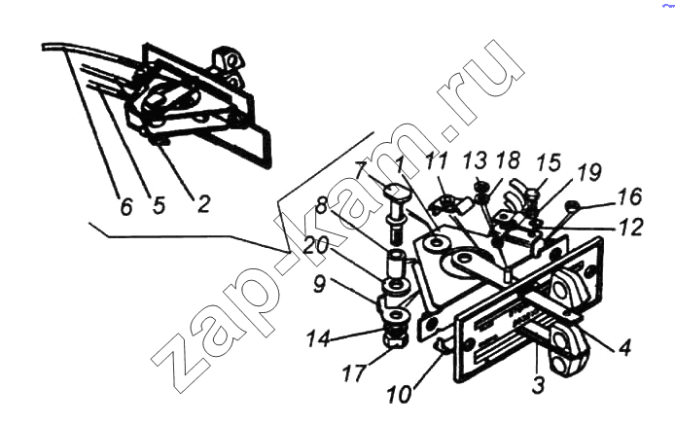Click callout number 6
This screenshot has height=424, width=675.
125,207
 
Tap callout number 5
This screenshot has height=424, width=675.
159,205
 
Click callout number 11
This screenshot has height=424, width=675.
437,161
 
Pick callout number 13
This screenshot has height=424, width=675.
475,161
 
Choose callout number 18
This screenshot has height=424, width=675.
508,159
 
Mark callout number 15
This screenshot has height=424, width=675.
549,163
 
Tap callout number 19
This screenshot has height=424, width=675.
588,172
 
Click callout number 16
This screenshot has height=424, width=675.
630,196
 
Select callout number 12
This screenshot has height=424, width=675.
631,227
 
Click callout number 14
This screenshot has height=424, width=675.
319,338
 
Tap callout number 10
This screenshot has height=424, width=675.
400,395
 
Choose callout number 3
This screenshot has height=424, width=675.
538,384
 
